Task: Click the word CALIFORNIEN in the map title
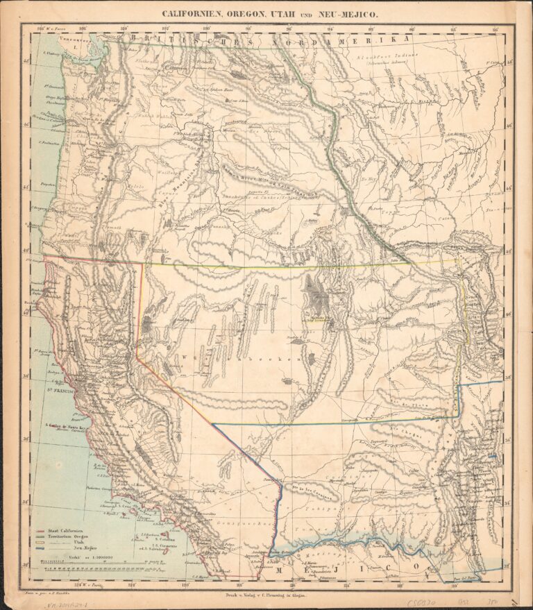(x=194, y=13)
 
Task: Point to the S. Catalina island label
(x=164, y=539)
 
